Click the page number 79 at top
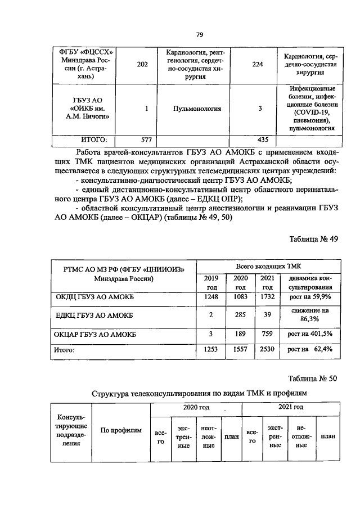point(183,35)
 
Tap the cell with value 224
point(258,65)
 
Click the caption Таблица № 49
point(313,239)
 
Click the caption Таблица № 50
point(313,378)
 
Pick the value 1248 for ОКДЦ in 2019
point(210,296)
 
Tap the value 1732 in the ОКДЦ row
point(267,296)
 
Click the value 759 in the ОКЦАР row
point(267,334)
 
